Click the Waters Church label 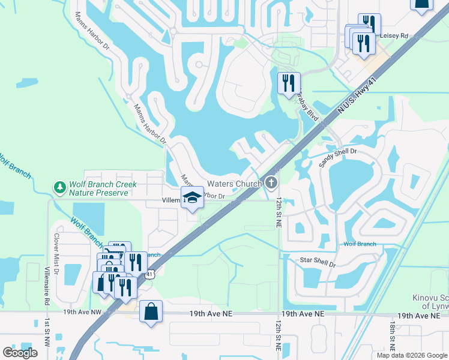coord(234,184)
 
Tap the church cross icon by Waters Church coord(271,182)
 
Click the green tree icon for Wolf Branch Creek coord(60,188)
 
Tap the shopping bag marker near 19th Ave coord(151,312)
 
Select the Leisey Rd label coord(393,36)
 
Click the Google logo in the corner coord(20,353)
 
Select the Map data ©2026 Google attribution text coord(412,355)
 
